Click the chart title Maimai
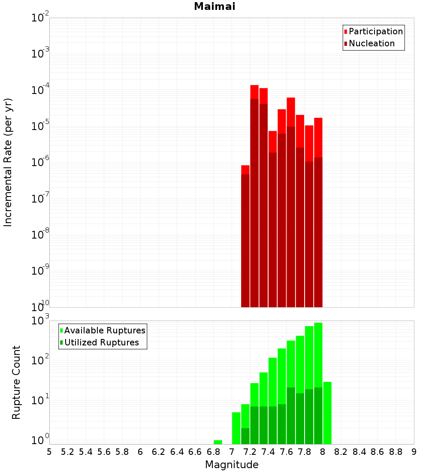[x=214, y=7]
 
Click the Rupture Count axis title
[x=16, y=382]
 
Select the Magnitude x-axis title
[x=232, y=465]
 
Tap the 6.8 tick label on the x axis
[x=213, y=452]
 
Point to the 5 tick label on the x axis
[x=49, y=452]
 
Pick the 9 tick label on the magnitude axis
[x=414, y=452]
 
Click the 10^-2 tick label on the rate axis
[x=40, y=18]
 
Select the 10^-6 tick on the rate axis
[x=40, y=163]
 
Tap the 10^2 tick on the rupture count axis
[x=40, y=359]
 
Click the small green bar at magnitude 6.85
[x=218, y=442]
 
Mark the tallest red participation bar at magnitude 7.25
[x=254, y=92]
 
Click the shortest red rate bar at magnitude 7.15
[x=245, y=169]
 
